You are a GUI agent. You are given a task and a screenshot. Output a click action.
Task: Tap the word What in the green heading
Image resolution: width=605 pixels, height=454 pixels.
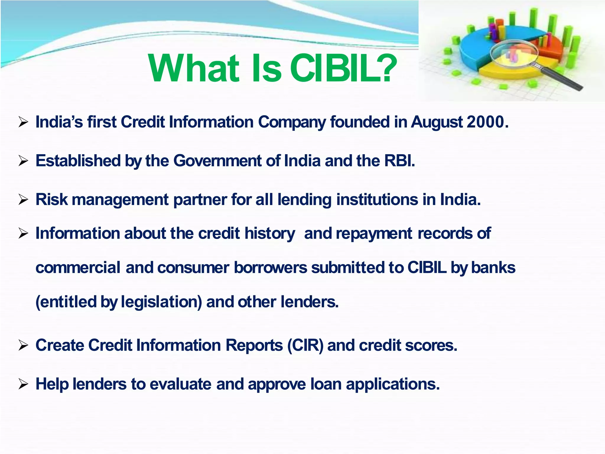[x=194, y=69]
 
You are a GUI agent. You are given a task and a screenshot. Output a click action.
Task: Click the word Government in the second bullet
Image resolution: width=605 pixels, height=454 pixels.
[x=217, y=161]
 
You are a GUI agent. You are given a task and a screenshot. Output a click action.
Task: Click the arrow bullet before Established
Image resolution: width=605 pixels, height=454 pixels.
[x=23, y=161]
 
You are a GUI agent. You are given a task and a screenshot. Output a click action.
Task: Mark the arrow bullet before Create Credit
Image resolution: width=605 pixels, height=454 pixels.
[x=23, y=345]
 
